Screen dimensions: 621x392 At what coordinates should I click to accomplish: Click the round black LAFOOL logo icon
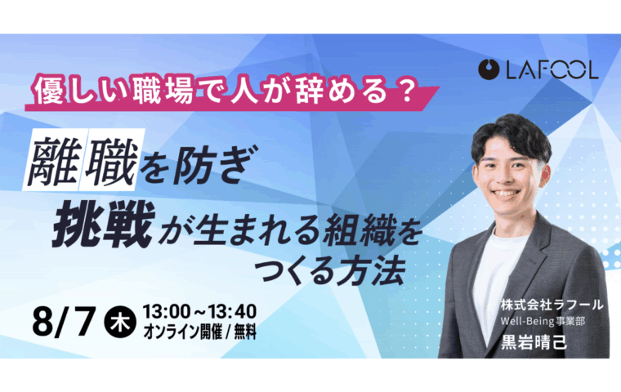[489, 69]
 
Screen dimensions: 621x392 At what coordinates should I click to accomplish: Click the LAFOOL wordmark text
[552, 70]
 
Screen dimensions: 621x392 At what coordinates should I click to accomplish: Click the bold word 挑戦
[103, 224]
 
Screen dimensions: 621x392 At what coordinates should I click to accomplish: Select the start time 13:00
[167, 312]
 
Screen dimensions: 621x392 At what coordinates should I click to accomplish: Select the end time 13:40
[233, 312]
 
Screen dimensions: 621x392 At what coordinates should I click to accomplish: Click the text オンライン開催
[182, 332]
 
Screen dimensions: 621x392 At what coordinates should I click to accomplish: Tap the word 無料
[245, 332]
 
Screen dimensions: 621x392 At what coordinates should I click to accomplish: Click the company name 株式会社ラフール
[552, 305]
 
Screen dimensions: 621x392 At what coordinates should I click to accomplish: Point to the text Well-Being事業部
[543, 321]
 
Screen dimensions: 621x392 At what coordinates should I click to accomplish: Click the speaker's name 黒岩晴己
[534, 342]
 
